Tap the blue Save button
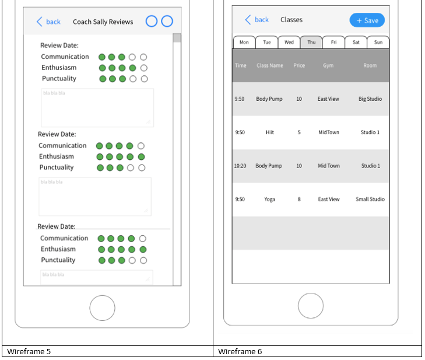[x=367, y=20]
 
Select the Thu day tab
[x=311, y=43]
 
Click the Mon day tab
[x=244, y=43]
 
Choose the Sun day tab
[x=378, y=43]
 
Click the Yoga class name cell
[x=269, y=200]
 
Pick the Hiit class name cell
[x=270, y=132]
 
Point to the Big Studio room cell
[x=370, y=99]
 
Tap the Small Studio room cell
[x=370, y=200]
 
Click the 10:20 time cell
[x=240, y=166]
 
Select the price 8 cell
[x=299, y=200]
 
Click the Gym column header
[x=328, y=65]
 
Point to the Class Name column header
[x=270, y=65]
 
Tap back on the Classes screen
[x=257, y=20]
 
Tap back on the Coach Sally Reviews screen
[x=48, y=22]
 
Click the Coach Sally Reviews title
[x=103, y=22]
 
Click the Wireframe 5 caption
[x=29, y=352]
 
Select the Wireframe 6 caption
[x=240, y=352]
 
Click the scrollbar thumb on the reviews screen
[x=177, y=38]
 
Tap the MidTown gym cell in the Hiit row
[x=328, y=132]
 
